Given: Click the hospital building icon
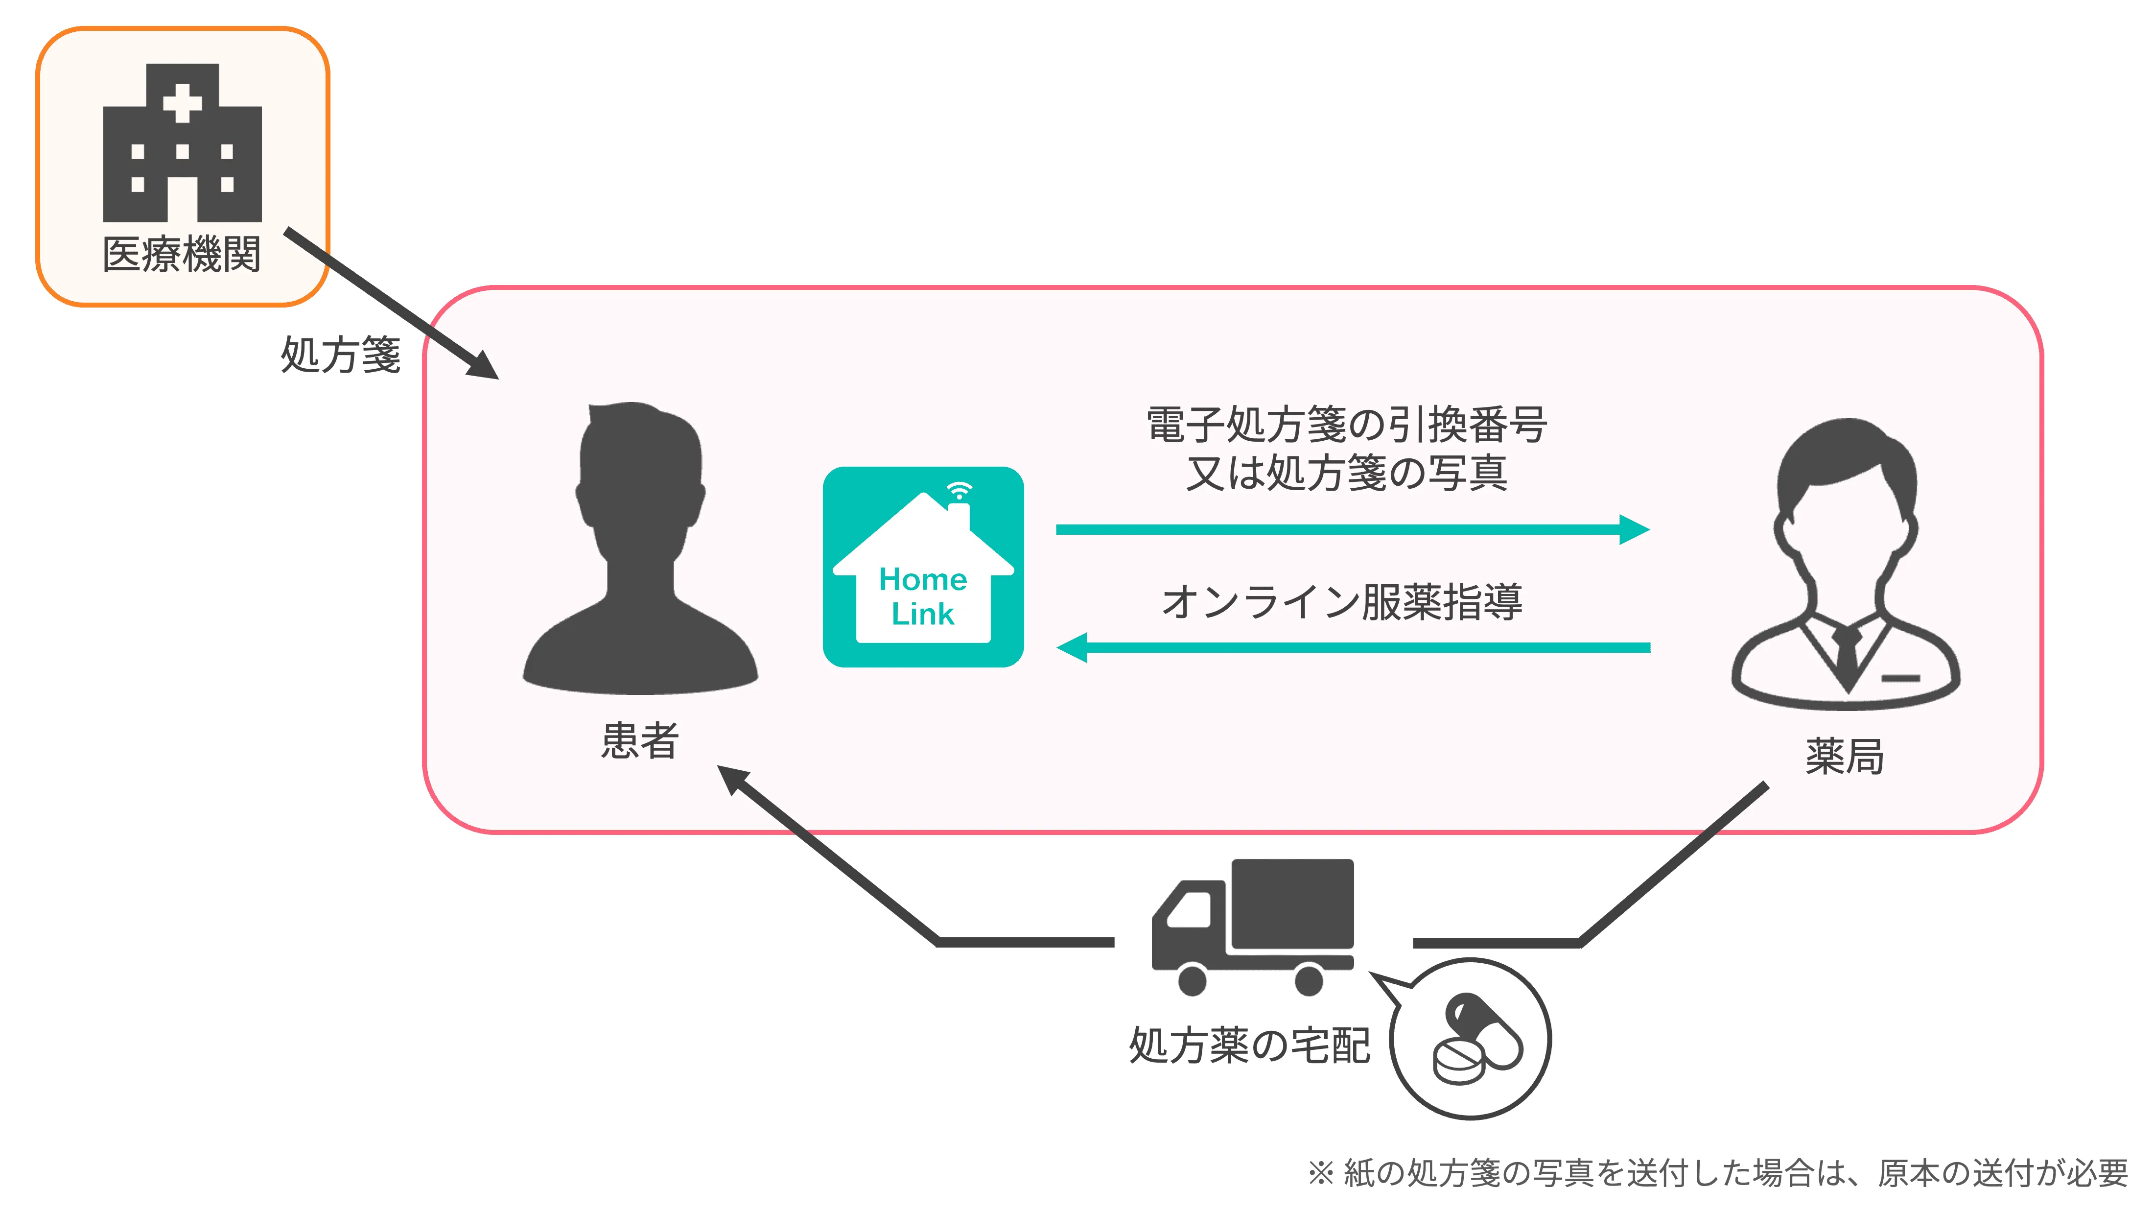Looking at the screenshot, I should (182, 144).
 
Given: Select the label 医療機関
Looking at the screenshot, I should (182, 254).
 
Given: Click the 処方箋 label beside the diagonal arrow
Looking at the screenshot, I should (340, 355).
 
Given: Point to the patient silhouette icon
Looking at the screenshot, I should (640, 548).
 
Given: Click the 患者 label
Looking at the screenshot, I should (640, 740).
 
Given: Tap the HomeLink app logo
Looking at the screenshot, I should (923, 567).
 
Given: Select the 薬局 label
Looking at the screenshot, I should (1845, 757).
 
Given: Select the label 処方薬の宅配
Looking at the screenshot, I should (1249, 1046).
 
